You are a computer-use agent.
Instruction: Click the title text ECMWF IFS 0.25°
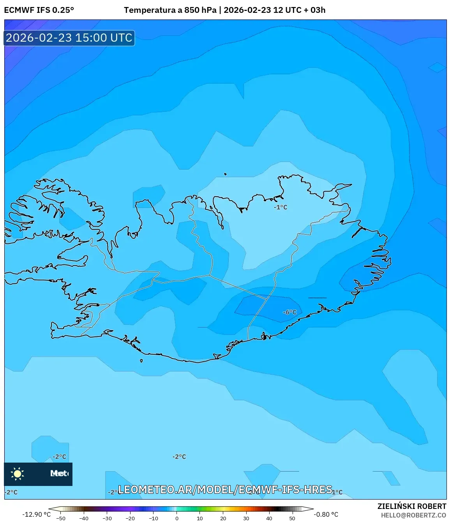click(39, 10)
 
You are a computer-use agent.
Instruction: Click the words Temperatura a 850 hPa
click(170, 10)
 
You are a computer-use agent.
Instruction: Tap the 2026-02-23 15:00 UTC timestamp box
click(69, 38)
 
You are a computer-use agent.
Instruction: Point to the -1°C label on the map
click(281, 207)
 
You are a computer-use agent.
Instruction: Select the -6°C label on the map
click(289, 312)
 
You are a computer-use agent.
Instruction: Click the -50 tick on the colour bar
click(61, 518)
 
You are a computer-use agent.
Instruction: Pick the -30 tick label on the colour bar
click(107, 518)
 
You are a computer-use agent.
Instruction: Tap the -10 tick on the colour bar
click(154, 518)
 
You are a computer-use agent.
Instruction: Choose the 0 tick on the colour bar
click(177, 518)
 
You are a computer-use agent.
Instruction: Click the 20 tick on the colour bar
click(223, 518)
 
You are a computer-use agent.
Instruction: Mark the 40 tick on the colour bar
click(269, 518)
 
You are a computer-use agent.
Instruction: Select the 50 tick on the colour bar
click(292, 518)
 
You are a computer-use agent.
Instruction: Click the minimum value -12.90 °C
click(36, 514)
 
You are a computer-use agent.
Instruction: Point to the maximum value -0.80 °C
click(326, 514)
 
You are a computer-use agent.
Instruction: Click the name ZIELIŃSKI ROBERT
click(412, 506)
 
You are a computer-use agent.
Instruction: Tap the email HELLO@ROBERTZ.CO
click(413, 515)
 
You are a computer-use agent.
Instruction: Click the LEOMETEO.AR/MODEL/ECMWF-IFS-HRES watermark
click(225, 489)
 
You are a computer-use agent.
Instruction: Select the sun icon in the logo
click(18, 473)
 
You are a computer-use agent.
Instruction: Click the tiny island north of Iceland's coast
click(225, 174)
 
